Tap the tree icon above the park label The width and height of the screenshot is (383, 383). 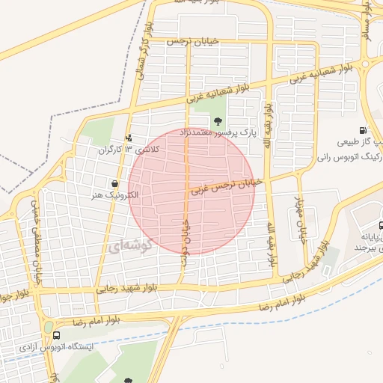(x=218, y=120)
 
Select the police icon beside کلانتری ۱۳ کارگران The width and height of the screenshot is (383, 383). (x=129, y=138)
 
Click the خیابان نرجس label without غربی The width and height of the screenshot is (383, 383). (x=197, y=41)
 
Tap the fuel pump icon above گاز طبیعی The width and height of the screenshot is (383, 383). (x=362, y=130)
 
